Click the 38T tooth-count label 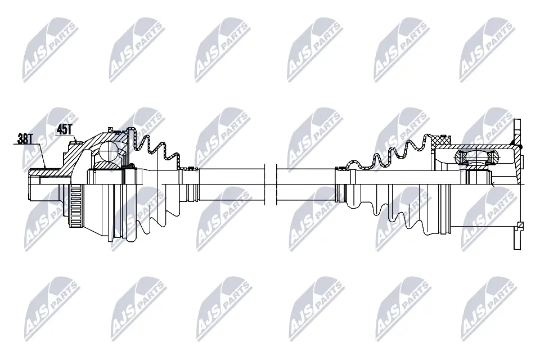click(25, 139)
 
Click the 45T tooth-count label click(64, 129)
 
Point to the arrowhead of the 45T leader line click(76, 141)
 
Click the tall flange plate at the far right click(517, 184)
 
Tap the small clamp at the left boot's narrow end click(190, 168)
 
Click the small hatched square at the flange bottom click(520, 226)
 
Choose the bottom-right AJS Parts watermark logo click(489, 308)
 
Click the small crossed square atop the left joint click(110, 130)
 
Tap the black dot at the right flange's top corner click(520, 147)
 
